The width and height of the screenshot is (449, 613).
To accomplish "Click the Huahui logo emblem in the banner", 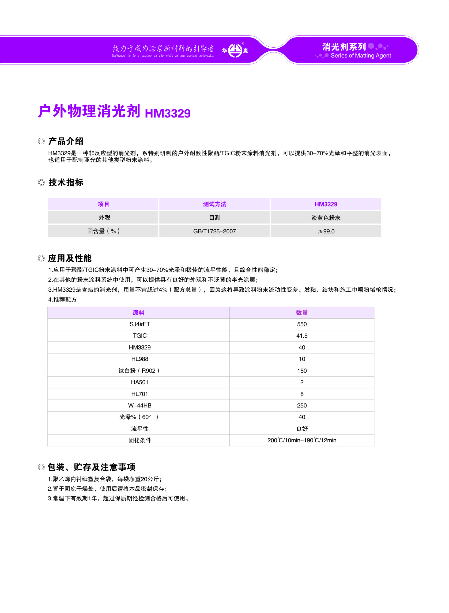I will pos(235,51).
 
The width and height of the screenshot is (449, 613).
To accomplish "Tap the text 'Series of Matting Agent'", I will pos(361,56).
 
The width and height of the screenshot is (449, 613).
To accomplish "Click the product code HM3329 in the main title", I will pos(168,113).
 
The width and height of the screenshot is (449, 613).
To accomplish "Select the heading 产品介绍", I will pos(66,141).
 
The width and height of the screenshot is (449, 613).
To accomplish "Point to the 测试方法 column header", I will pos(214,204).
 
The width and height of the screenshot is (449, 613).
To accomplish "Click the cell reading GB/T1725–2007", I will pos(214,231).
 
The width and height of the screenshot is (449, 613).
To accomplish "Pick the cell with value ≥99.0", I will pos(326,231).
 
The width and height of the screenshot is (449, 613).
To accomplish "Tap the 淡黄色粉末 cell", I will pos(326,218).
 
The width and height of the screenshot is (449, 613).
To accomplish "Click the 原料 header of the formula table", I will pos(138,313).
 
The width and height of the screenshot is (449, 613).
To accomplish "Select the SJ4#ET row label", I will pos(140,324).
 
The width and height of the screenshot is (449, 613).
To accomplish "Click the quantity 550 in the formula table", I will pos(302,324).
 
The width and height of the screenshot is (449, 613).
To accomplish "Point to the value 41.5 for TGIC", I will pos(302,336).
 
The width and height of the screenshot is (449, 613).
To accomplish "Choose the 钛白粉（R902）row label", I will pos(139,371).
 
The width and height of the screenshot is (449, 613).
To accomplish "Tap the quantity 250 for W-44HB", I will pos(302,405).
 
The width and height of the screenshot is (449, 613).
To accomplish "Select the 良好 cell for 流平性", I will pos(302,429).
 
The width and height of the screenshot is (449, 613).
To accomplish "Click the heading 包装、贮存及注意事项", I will pos(91,467).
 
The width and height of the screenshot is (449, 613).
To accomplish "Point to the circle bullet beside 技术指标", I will pos(41,182).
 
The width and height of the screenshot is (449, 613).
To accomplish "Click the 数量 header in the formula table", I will pos(302,313).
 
